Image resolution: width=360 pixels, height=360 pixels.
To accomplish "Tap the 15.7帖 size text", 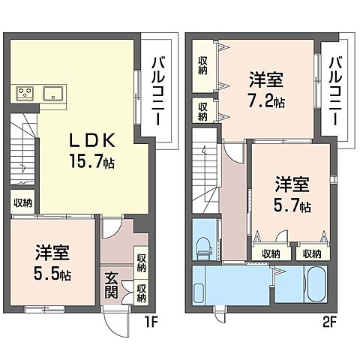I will coord(91,160).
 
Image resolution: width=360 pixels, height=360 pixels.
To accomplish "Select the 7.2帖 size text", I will coord(266,101).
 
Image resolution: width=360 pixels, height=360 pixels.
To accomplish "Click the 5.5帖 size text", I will coord(52,274).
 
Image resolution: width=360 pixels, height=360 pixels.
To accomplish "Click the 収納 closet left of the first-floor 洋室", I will coord(22,202).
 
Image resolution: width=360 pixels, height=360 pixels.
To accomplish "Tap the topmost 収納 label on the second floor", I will coord(202,64).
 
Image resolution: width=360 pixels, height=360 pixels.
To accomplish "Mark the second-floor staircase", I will coord(205,172).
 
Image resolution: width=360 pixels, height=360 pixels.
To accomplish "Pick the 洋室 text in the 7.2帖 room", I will coord(266,79).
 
